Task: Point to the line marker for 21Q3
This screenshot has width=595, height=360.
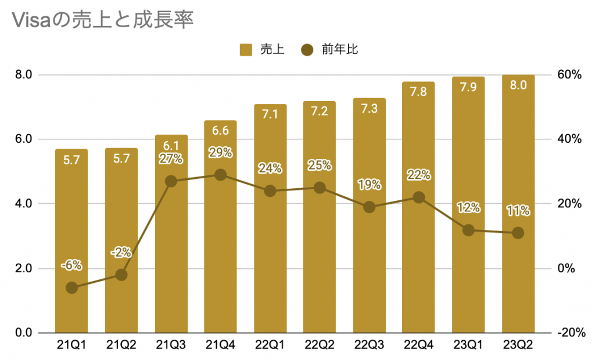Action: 171,181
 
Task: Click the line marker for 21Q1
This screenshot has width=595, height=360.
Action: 71,287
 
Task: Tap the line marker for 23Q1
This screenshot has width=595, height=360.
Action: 468,230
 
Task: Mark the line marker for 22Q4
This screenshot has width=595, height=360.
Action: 418,197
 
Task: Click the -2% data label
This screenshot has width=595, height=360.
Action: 121,253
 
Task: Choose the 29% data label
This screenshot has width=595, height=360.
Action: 220,153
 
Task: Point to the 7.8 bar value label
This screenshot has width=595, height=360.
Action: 418,92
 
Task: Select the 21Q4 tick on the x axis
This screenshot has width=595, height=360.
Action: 220,346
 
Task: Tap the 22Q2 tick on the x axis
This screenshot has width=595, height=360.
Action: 319,346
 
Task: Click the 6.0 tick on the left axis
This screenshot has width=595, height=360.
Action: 23,139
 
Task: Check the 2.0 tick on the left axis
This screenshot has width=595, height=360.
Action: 23,268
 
